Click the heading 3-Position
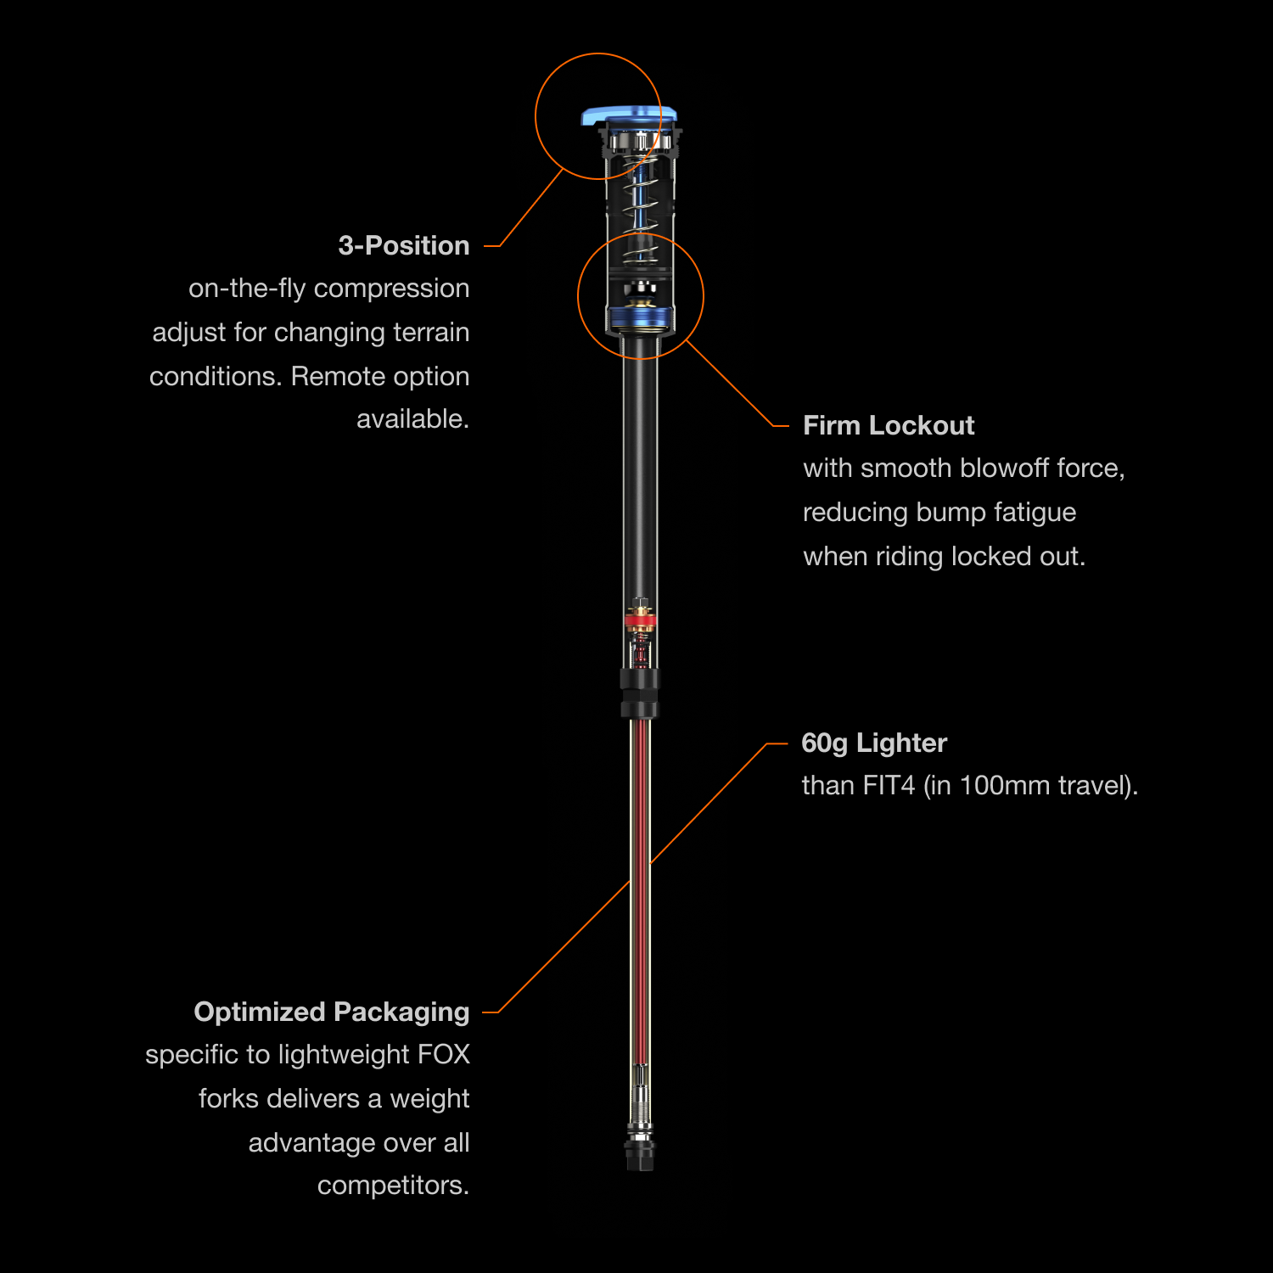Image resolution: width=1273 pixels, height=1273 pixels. (x=403, y=245)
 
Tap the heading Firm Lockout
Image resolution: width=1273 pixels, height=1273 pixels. (x=888, y=425)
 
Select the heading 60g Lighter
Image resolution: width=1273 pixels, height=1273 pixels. (x=873, y=743)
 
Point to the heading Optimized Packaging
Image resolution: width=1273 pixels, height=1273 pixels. (x=331, y=1012)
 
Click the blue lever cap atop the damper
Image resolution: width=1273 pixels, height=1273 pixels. (x=628, y=115)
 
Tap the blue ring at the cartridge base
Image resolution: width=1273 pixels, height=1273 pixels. (x=641, y=320)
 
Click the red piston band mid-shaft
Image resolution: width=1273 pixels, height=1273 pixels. (x=641, y=620)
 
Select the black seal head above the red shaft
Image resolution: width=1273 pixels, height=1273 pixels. (x=639, y=693)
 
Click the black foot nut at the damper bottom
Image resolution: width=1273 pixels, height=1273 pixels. (x=641, y=1154)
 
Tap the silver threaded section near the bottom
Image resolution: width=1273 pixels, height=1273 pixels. (x=641, y=1103)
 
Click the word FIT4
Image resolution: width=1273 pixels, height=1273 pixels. (x=889, y=785)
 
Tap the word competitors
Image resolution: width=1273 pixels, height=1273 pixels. (x=393, y=1185)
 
